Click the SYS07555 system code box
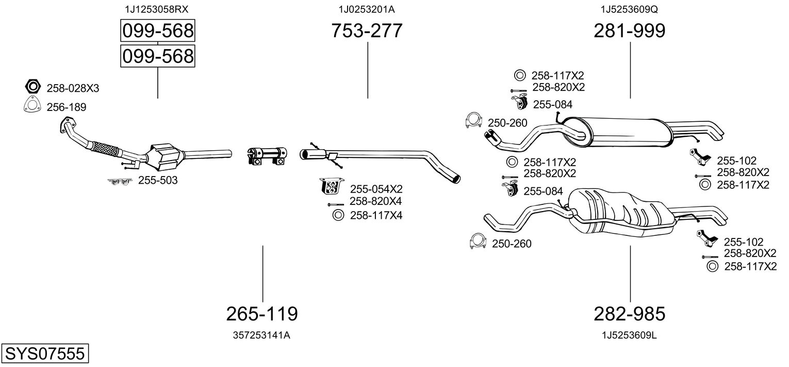[x=45, y=353]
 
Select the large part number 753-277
[x=367, y=30]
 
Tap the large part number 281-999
[x=630, y=30]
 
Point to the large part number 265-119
[x=262, y=313]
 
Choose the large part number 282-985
[x=630, y=313]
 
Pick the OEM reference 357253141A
[x=261, y=336]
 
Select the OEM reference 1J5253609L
[x=629, y=336]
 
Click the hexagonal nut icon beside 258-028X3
[x=32, y=87]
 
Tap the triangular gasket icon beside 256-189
[x=32, y=104]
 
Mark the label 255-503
[x=158, y=180]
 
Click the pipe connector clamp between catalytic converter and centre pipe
[x=267, y=156]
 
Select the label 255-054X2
[x=376, y=189]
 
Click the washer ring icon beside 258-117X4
[x=338, y=215]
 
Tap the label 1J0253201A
[x=367, y=9]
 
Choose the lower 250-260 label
[x=512, y=244]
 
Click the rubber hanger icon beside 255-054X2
[x=332, y=186]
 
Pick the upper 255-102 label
[x=736, y=161]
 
